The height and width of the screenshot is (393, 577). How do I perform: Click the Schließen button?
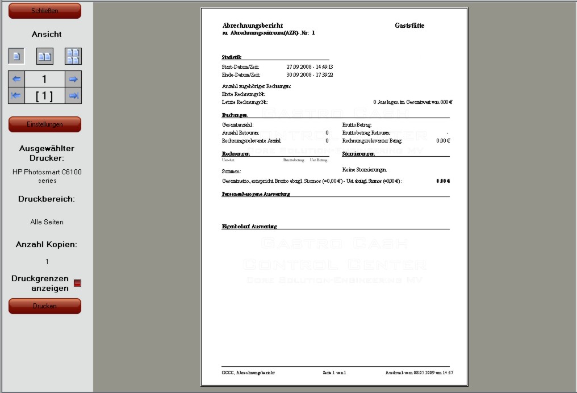point(45,10)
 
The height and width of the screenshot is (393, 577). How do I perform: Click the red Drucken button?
point(45,306)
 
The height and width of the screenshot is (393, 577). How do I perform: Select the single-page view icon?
point(16,56)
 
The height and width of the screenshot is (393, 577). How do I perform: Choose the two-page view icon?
point(45,56)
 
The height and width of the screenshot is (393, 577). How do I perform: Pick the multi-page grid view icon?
point(73,56)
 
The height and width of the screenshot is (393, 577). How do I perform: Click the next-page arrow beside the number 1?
point(73,80)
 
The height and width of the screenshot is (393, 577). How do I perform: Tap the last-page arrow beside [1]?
point(73,96)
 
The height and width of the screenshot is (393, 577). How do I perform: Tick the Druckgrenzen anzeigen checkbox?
point(78,283)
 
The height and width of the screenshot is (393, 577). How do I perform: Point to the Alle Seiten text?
point(47,222)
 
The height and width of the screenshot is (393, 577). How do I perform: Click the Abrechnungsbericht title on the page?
point(245,26)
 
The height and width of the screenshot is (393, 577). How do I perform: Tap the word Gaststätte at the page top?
point(409,26)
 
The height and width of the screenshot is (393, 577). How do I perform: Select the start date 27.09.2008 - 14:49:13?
point(310,67)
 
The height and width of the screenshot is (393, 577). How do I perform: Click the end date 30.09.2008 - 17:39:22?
point(310,74)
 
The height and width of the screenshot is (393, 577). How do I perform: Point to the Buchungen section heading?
point(235,115)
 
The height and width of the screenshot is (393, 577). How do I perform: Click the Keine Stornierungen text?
point(365,170)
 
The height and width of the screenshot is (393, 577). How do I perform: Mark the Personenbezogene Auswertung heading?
point(256,194)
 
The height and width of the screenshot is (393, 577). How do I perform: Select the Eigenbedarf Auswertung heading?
point(249,227)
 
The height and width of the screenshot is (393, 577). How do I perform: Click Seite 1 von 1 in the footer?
point(335,373)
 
